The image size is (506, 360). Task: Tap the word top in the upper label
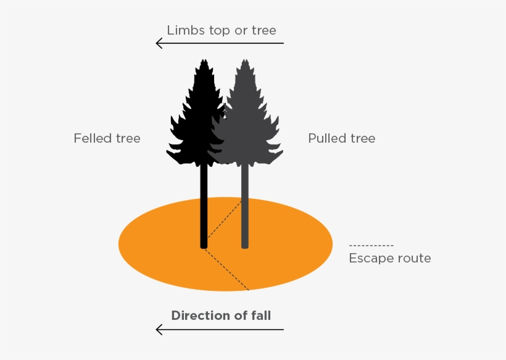[x=220, y=30]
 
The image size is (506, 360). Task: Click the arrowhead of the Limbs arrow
[x=159, y=43]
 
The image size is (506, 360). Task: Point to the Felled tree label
[x=107, y=138]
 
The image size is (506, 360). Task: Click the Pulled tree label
[x=341, y=138]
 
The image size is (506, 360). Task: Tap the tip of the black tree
[x=203, y=61]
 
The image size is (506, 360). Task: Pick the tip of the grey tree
[x=245, y=61]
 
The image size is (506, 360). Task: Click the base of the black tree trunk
[x=204, y=246]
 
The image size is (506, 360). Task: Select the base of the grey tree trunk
[x=245, y=246]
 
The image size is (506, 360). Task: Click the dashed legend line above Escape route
[x=371, y=246]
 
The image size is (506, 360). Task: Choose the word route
[x=412, y=258]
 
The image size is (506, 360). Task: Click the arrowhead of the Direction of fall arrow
[x=159, y=330]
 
